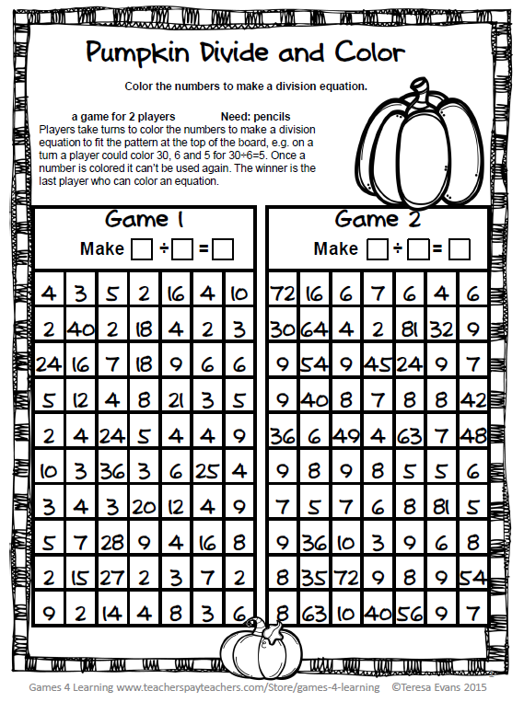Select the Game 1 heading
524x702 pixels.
[x=145, y=220]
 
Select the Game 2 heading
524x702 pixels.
[x=378, y=220]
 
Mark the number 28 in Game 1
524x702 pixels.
[x=112, y=542]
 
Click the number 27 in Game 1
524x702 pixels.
[x=112, y=578]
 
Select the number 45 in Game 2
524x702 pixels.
[x=378, y=365]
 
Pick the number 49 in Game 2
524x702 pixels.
[x=346, y=436]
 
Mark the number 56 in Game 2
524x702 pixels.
[x=409, y=613]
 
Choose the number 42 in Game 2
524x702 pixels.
[x=472, y=400]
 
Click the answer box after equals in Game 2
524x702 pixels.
[x=460, y=249]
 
